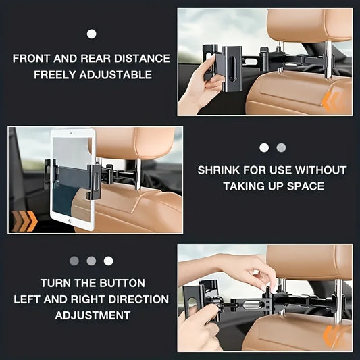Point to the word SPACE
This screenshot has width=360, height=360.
tap(303, 186)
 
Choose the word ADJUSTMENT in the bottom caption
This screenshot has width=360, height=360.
tap(93, 315)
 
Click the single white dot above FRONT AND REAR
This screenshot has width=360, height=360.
tap(92, 34)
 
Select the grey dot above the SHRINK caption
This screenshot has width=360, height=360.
tap(281, 147)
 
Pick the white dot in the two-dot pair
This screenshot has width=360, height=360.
tap(264, 147)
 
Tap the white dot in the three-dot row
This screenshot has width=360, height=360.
tap(108, 261)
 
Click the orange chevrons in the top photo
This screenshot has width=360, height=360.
tap(331, 102)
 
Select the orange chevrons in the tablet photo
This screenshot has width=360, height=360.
tap(23, 220)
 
